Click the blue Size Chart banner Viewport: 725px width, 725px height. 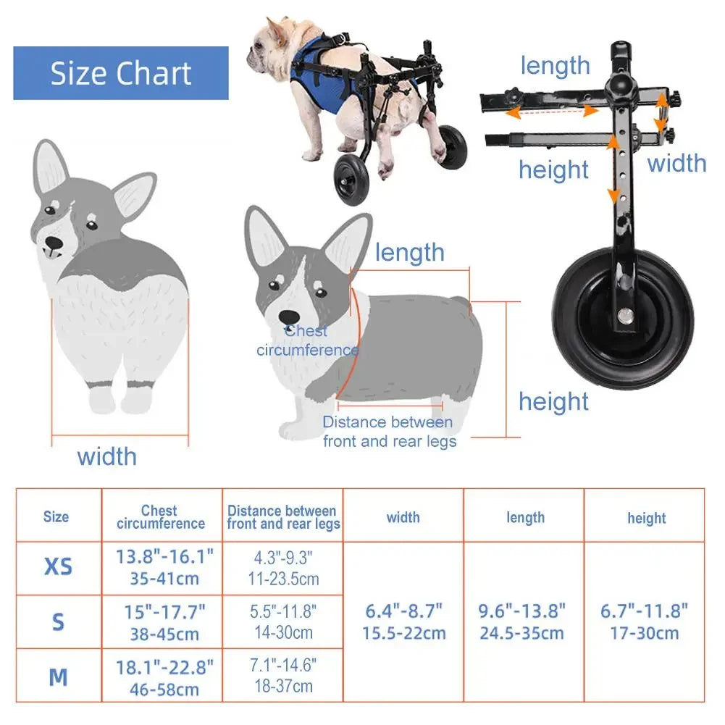click(121, 73)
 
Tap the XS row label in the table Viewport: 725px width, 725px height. click(58, 566)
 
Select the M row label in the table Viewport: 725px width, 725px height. click(58, 677)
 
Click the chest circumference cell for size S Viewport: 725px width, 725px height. click(164, 622)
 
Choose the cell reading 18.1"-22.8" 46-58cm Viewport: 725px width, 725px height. click(164, 677)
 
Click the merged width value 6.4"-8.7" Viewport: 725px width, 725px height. click(403, 621)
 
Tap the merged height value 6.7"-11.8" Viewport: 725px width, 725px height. click(645, 621)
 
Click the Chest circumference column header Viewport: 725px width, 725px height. click(161, 516)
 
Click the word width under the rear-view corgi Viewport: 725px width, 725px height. click(106, 456)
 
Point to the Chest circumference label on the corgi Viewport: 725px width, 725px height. click(307, 340)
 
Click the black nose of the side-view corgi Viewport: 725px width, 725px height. click(289, 317)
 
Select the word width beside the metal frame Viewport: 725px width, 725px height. click(676, 163)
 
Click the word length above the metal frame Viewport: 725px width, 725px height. click(555, 65)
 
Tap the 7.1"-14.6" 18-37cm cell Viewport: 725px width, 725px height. click(283, 676)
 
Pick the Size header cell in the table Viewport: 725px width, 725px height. click(56, 516)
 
